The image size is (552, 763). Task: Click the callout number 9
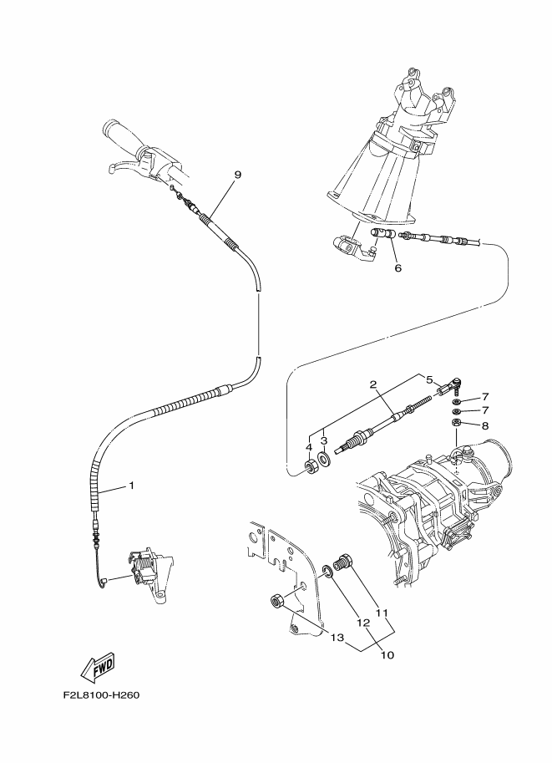pyautogui.click(x=237, y=175)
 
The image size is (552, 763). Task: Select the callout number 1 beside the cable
pyautogui.click(x=131, y=485)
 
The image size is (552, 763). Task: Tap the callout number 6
pyautogui.click(x=398, y=268)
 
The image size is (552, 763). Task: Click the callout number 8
pyautogui.click(x=484, y=425)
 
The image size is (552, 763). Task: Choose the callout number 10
pyautogui.click(x=387, y=655)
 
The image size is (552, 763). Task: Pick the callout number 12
pyautogui.click(x=363, y=623)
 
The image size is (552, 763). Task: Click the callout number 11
pyautogui.click(x=383, y=613)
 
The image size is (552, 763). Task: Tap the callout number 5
pyautogui.click(x=430, y=379)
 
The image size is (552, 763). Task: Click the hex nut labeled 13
pyautogui.click(x=278, y=599)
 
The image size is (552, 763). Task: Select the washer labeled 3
pyautogui.click(x=325, y=460)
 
